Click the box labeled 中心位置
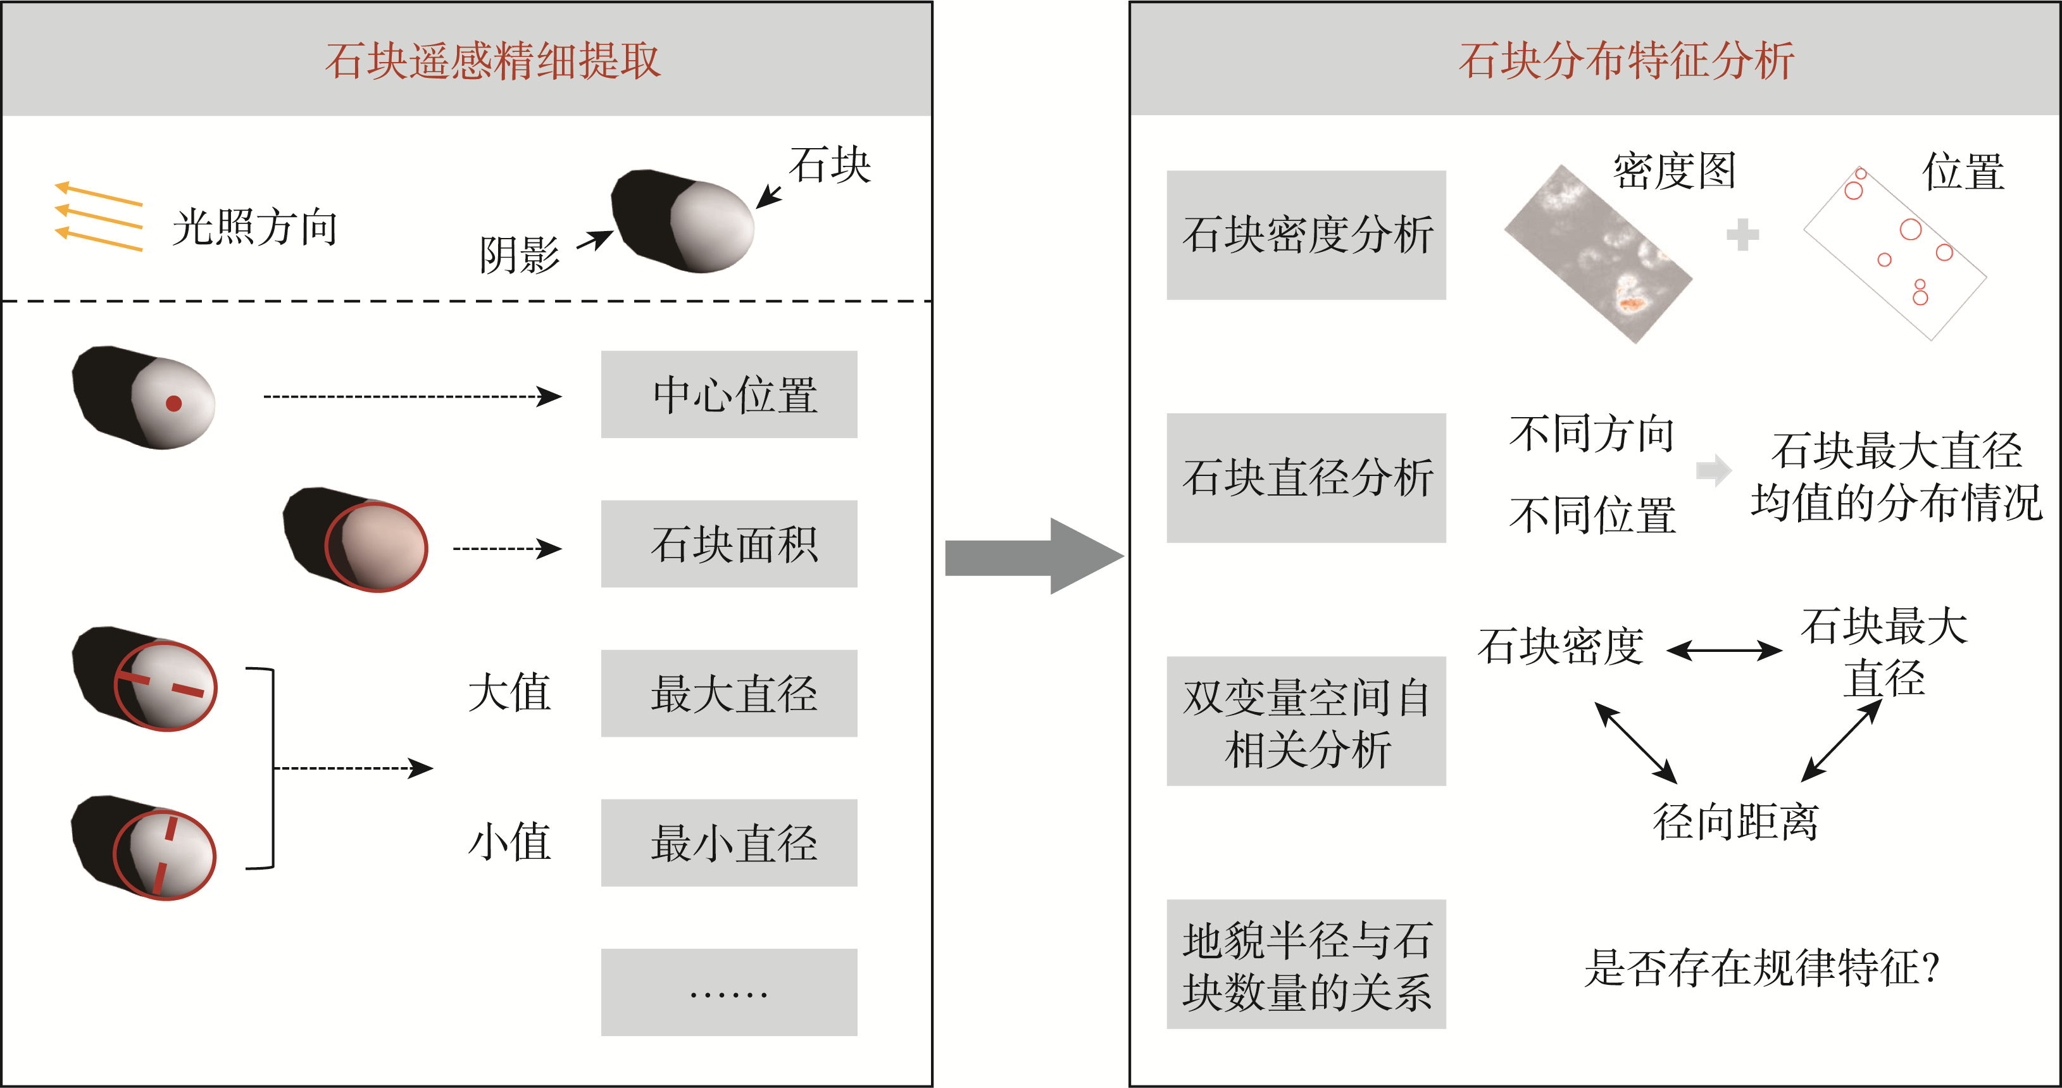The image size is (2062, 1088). tap(728, 395)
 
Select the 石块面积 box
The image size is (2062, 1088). tap(728, 544)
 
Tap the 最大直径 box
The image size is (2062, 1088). tap(728, 693)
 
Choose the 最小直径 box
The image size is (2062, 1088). tap(728, 843)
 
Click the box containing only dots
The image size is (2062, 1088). tap(728, 992)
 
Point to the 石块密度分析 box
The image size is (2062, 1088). tap(1306, 235)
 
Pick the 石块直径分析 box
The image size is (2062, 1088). tap(1306, 478)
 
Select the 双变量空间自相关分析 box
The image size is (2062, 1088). tap(1306, 722)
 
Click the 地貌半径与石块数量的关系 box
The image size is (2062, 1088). tap(1306, 965)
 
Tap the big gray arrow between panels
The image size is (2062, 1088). tap(1033, 556)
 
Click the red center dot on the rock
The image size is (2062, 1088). tap(173, 404)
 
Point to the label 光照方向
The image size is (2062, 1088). tap(254, 227)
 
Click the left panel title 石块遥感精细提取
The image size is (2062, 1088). tap(492, 61)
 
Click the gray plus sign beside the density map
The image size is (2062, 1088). tap(1742, 235)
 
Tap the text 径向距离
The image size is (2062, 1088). tap(1735, 822)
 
